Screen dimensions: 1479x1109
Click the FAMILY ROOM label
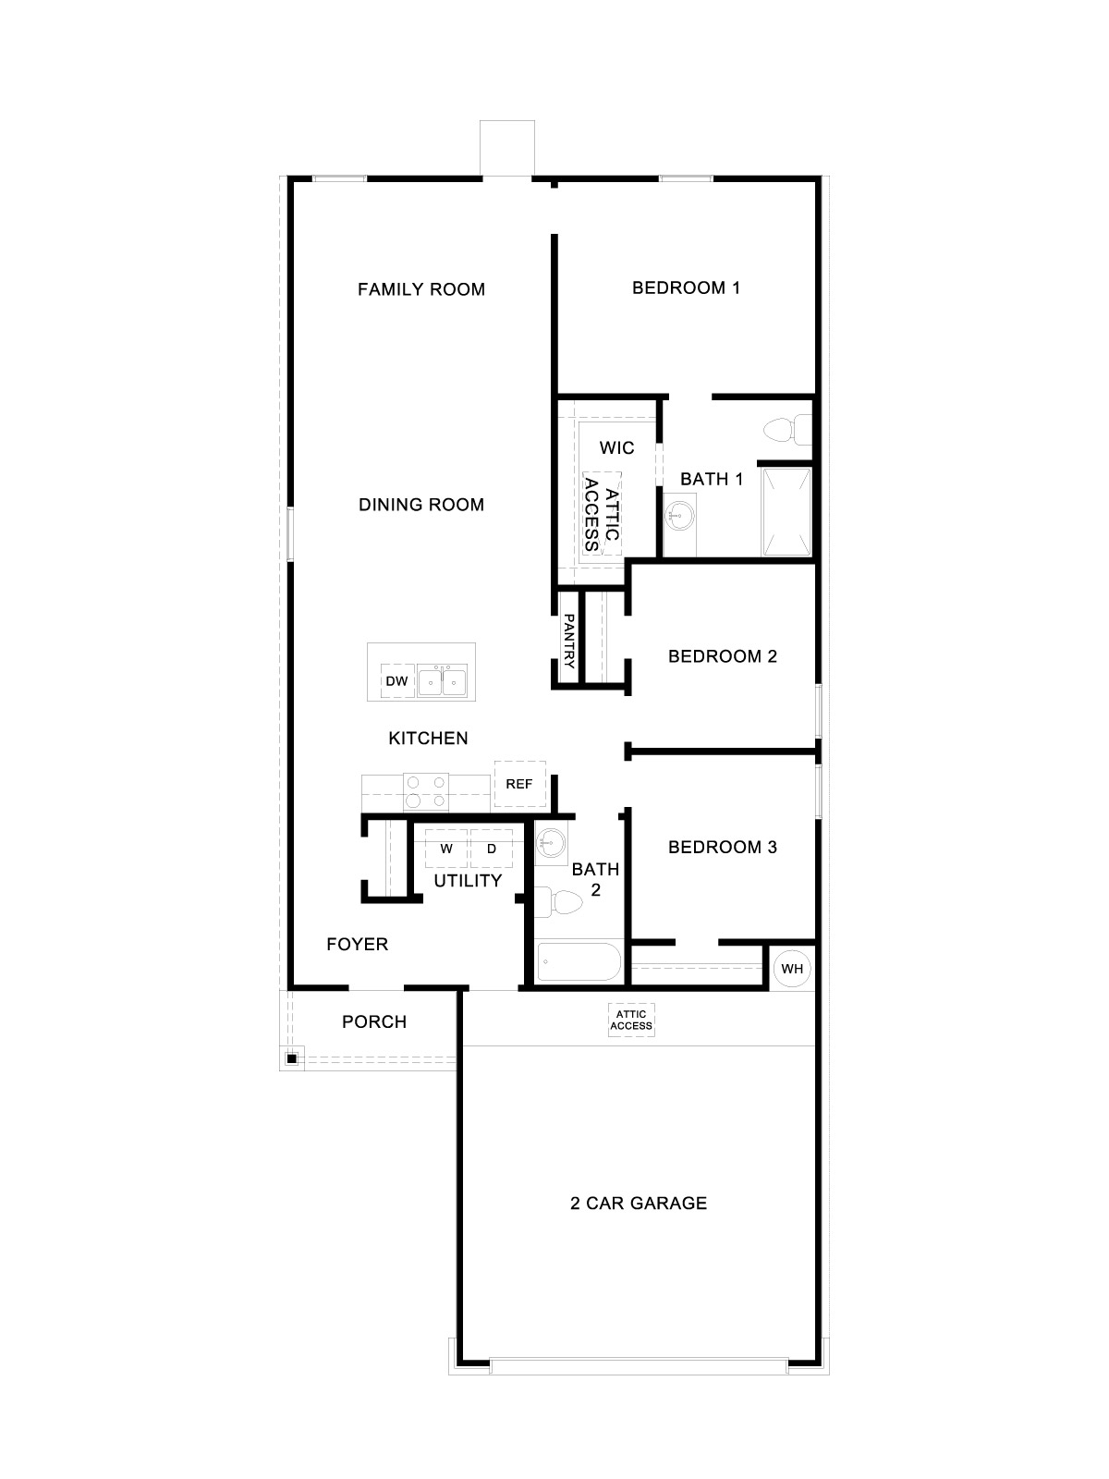tap(421, 289)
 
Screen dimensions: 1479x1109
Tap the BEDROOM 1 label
tap(686, 287)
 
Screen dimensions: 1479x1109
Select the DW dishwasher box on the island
tap(396, 681)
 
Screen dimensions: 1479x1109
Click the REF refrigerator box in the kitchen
tap(519, 784)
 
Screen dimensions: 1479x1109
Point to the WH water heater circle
tap(792, 969)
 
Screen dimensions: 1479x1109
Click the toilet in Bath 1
tap(786, 430)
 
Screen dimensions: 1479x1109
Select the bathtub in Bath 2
tap(579, 962)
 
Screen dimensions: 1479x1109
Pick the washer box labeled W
tap(446, 848)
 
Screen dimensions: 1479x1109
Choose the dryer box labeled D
tap(492, 848)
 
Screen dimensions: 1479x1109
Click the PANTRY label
tap(569, 642)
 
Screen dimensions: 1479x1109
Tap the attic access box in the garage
tap(631, 1021)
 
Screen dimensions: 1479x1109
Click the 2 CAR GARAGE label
tap(639, 1203)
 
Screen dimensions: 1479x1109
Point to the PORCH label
tap(374, 1021)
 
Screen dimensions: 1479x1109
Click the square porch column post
tap(291, 1058)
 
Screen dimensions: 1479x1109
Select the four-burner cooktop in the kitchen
tap(426, 791)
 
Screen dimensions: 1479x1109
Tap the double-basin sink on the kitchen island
tap(442, 681)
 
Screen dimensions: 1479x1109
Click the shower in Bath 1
tap(786, 511)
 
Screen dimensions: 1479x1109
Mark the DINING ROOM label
tap(421, 505)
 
